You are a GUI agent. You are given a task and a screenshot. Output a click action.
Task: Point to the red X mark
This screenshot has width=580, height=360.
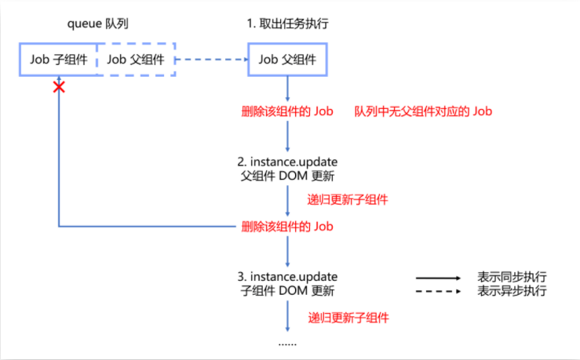pyautogui.click(x=58, y=87)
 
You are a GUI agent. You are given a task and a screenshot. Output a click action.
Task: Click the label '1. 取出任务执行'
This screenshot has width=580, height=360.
pyautogui.click(x=287, y=23)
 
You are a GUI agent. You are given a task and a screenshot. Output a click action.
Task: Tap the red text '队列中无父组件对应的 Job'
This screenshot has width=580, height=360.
pyautogui.click(x=423, y=111)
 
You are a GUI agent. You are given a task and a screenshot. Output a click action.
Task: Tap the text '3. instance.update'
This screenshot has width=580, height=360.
pyautogui.click(x=288, y=277)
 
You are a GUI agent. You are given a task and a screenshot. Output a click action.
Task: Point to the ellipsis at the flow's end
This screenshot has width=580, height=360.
pyautogui.click(x=288, y=344)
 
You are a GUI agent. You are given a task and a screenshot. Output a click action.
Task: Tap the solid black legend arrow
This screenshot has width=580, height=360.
pyautogui.click(x=437, y=277)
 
